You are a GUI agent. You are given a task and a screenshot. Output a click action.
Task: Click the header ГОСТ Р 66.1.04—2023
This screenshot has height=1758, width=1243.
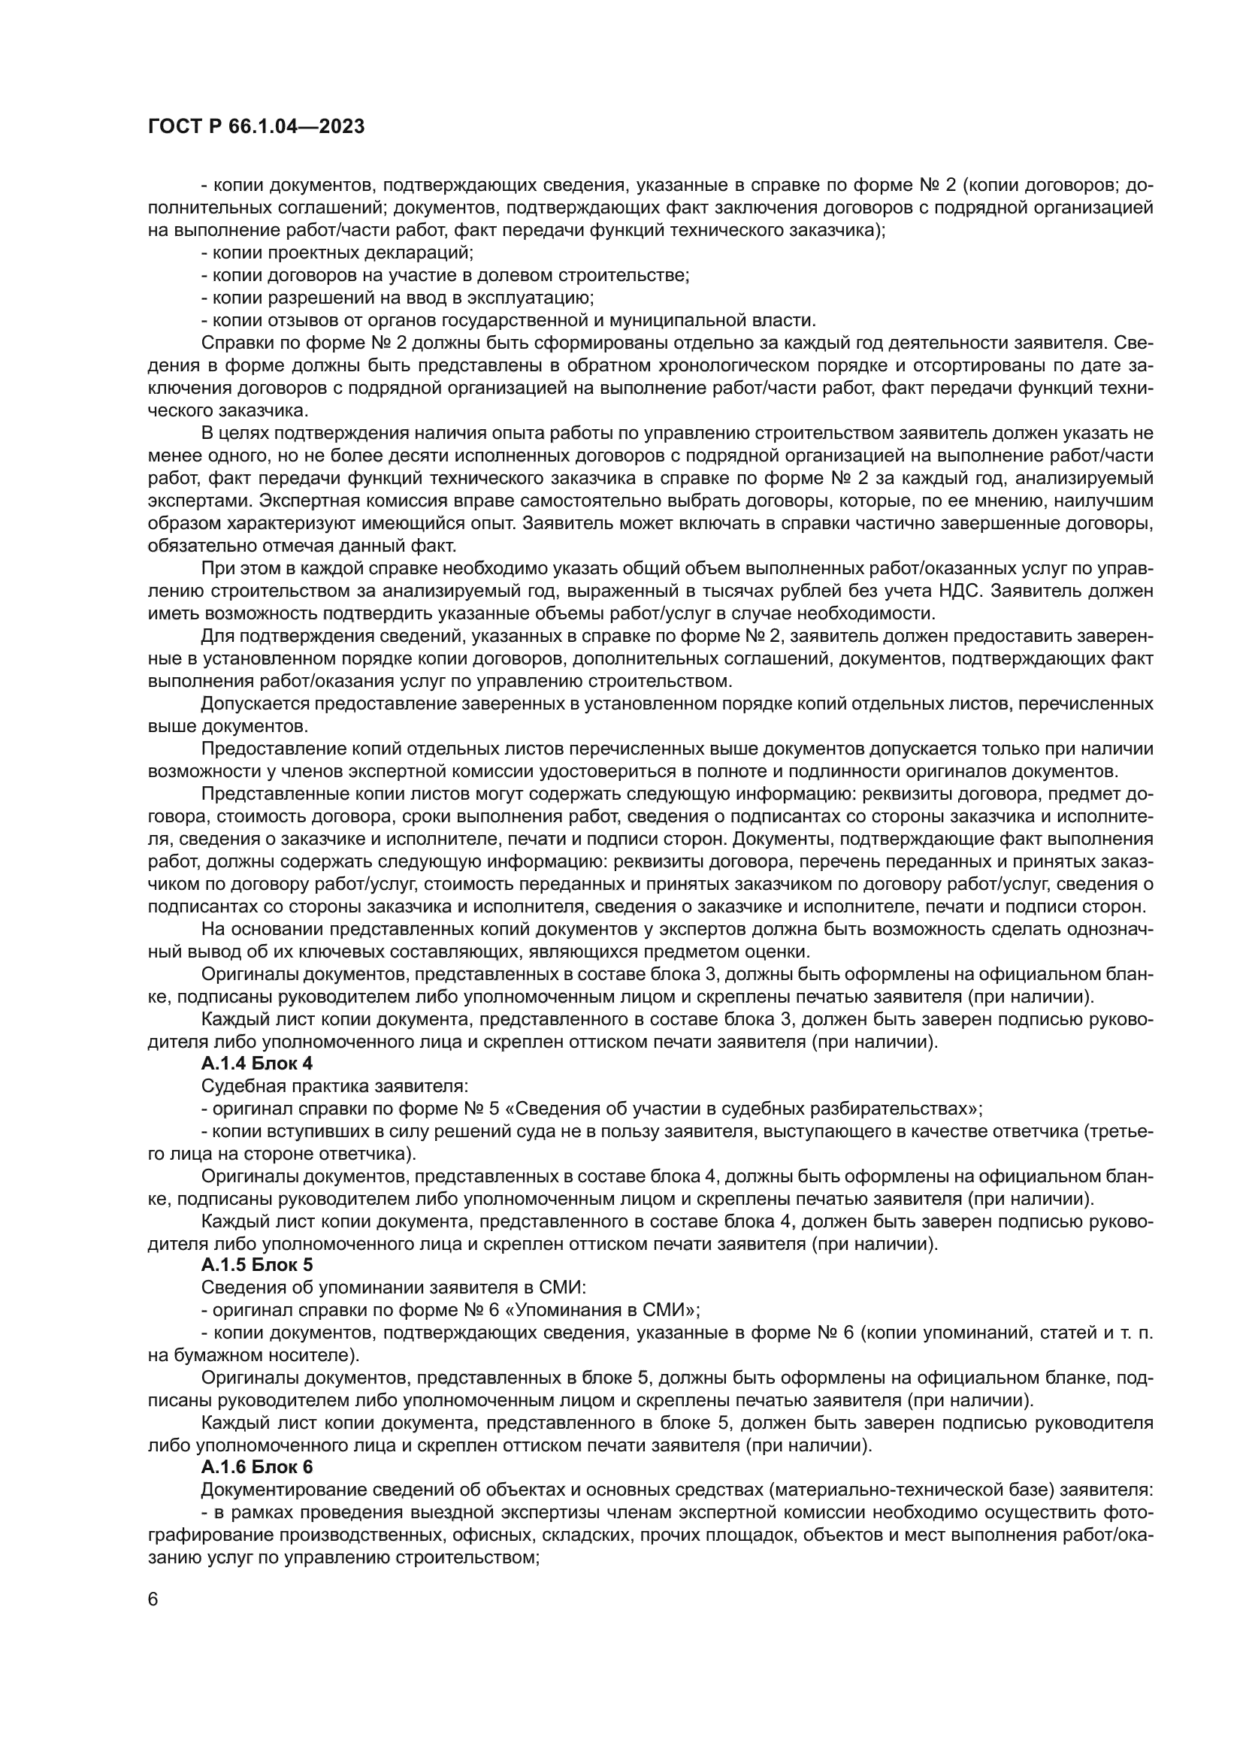256,126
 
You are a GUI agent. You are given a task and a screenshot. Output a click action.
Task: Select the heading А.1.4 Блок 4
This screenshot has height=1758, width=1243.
256,1064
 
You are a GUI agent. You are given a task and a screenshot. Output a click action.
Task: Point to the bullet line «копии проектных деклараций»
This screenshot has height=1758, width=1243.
337,252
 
